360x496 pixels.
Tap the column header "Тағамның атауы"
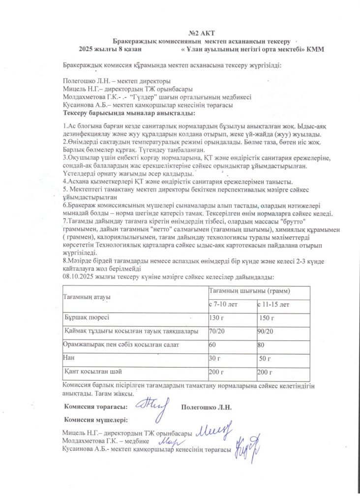point(87,298)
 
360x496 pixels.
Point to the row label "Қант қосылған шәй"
point(93,371)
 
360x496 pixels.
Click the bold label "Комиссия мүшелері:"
point(96,420)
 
